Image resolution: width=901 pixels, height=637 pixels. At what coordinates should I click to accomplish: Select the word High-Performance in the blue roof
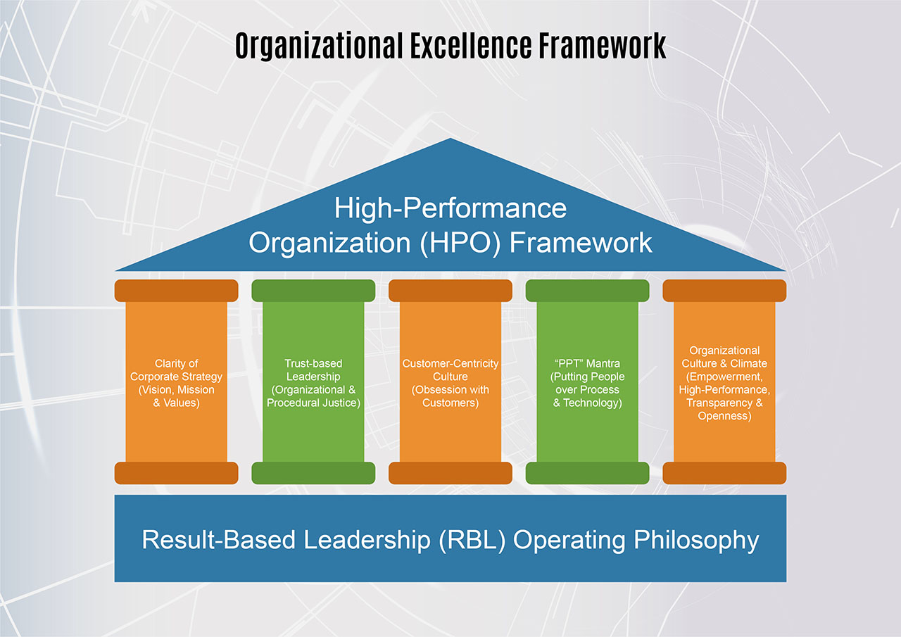(x=450, y=208)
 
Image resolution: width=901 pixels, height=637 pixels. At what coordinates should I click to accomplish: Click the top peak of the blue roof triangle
(x=449, y=142)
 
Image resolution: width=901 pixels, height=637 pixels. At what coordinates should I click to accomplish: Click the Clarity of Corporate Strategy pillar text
(x=176, y=383)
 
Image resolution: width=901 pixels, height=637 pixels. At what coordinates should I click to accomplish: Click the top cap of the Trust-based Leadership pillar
(x=313, y=291)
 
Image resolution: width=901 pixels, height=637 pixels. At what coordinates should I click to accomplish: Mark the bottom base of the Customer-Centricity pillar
(x=450, y=473)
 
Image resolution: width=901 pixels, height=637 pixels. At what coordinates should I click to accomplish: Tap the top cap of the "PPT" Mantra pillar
(x=587, y=291)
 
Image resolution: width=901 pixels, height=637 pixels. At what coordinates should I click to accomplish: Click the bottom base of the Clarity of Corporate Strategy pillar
(x=176, y=473)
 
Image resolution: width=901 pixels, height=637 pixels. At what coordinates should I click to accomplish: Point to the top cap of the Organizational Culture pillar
(x=724, y=291)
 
